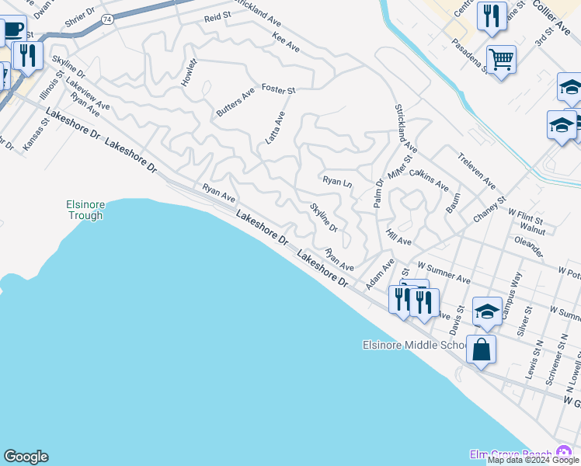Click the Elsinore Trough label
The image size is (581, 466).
[x=84, y=210]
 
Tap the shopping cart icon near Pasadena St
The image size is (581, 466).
[x=502, y=59]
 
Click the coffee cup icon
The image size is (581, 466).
[x=12, y=30]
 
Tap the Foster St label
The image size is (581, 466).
[x=278, y=90]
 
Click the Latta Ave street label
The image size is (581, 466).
[x=276, y=127]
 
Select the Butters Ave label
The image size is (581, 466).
[x=235, y=103]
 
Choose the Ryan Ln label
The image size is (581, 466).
[x=338, y=181]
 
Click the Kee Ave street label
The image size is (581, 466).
[x=286, y=42]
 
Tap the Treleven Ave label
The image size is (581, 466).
[x=477, y=171]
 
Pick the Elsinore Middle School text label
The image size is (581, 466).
[x=415, y=345]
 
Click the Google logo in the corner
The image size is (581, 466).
[x=26, y=457]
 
